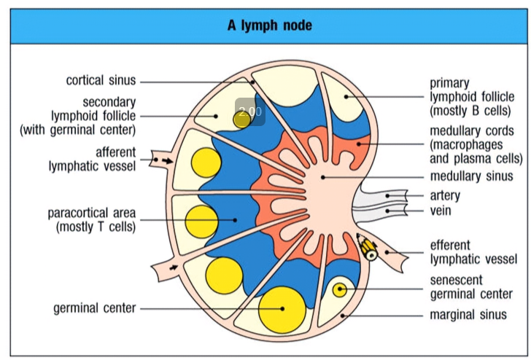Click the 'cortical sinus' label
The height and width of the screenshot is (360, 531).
tap(101, 81)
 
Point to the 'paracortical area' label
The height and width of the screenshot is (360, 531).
tap(92, 219)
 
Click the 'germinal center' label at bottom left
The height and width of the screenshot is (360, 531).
tap(94, 308)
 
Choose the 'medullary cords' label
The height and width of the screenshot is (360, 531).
tap(476, 144)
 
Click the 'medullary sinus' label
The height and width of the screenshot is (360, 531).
tap(471, 176)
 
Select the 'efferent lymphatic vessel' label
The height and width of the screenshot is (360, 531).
tap(473, 252)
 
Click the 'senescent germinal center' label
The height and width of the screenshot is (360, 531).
tap(470, 287)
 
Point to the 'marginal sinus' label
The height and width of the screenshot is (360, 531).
tap(468, 315)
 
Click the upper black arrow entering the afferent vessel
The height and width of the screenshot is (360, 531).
tap(167, 159)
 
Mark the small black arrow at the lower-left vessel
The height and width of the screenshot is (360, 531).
tap(172, 269)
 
